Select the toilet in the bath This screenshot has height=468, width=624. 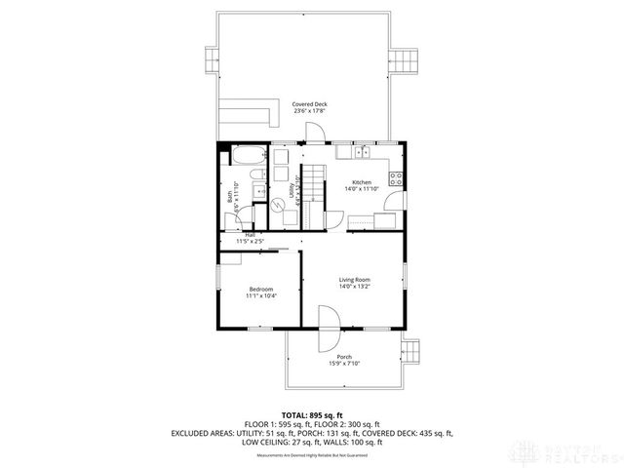[255, 175]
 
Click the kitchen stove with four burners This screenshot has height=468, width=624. [397, 178]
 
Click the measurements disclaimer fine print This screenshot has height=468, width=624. [311, 455]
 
